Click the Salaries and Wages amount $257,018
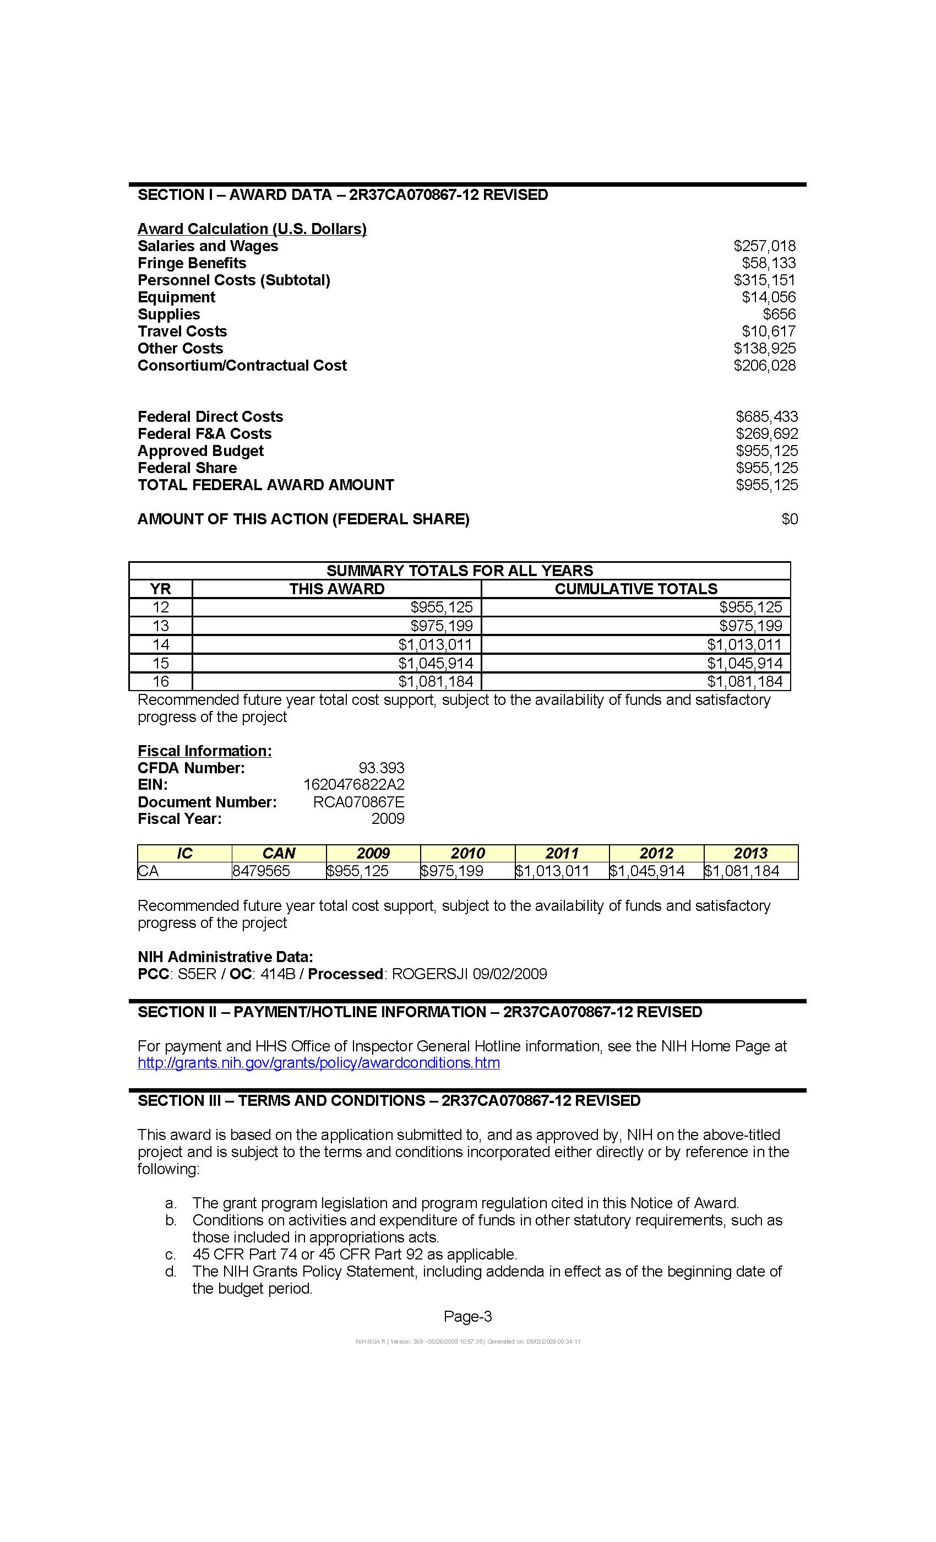pyautogui.click(x=764, y=246)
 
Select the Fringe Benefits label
pyautogui.click(x=192, y=263)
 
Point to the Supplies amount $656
pyautogui.click(x=779, y=314)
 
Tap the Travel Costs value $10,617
pyautogui.click(x=768, y=331)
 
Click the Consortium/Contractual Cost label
pyautogui.click(x=242, y=366)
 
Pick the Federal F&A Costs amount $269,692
pyautogui.click(x=766, y=434)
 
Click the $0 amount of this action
pyautogui.click(x=789, y=519)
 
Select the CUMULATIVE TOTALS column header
pyautogui.click(x=636, y=589)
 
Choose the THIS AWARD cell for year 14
pyautogui.click(x=435, y=644)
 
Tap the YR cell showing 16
pyautogui.click(x=161, y=682)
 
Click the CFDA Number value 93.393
pyautogui.click(x=381, y=768)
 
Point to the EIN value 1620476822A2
pyautogui.click(x=353, y=785)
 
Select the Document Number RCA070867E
pyautogui.click(x=358, y=802)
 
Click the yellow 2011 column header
pyautogui.click(x=561, y=854)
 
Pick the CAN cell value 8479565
pyautogui.click(x=261, y=871)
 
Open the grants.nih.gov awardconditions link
pyautogui.click(x=318, y=1063)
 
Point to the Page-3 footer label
pyautogui.click(x=467, y=1317)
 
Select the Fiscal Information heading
pyautogui.click(x=205, y=751)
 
